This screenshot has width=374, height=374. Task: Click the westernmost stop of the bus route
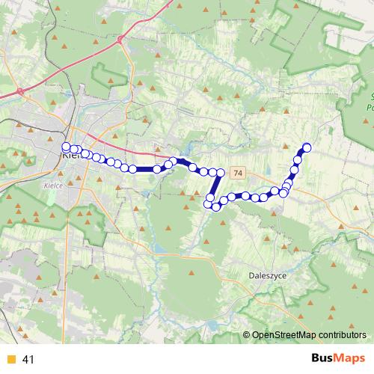click(x=66, y=147)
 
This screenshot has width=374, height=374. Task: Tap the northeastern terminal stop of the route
click(x=306, y=147)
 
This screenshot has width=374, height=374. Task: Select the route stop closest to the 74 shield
click(x=220, y=173)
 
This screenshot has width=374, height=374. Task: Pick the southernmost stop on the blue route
click(x=216, y=206)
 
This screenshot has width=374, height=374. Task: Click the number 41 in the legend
click(x=29, y=360)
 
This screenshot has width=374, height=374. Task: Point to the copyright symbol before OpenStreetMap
click(x=247, y=336)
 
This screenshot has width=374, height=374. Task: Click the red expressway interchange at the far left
click(x=20, y=91)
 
